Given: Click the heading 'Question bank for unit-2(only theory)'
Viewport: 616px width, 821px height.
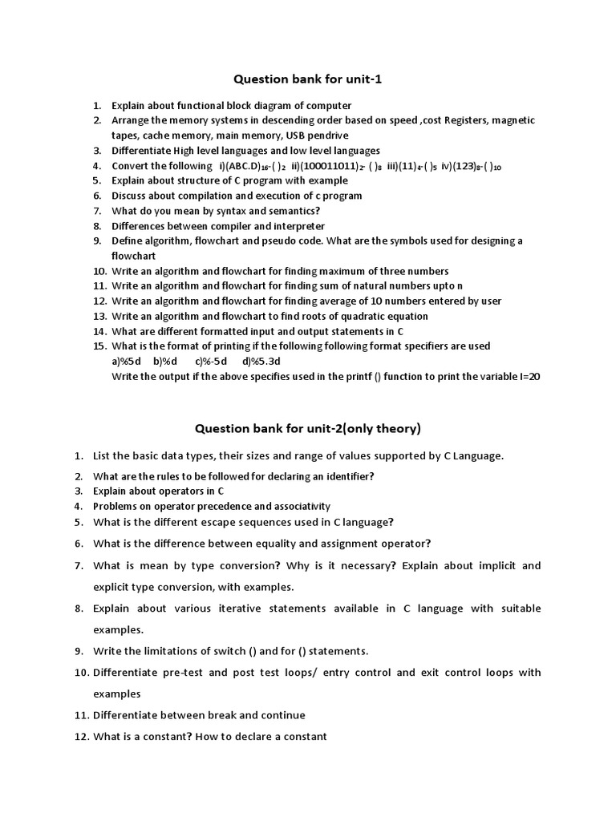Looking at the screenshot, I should pyautogui.click(x=309, y=429).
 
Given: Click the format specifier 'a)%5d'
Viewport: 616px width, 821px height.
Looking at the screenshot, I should pyautogui.click(x=126, y=361).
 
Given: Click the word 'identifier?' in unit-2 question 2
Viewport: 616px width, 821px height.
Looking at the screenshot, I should pyautogui.click(x=346, y=475).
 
